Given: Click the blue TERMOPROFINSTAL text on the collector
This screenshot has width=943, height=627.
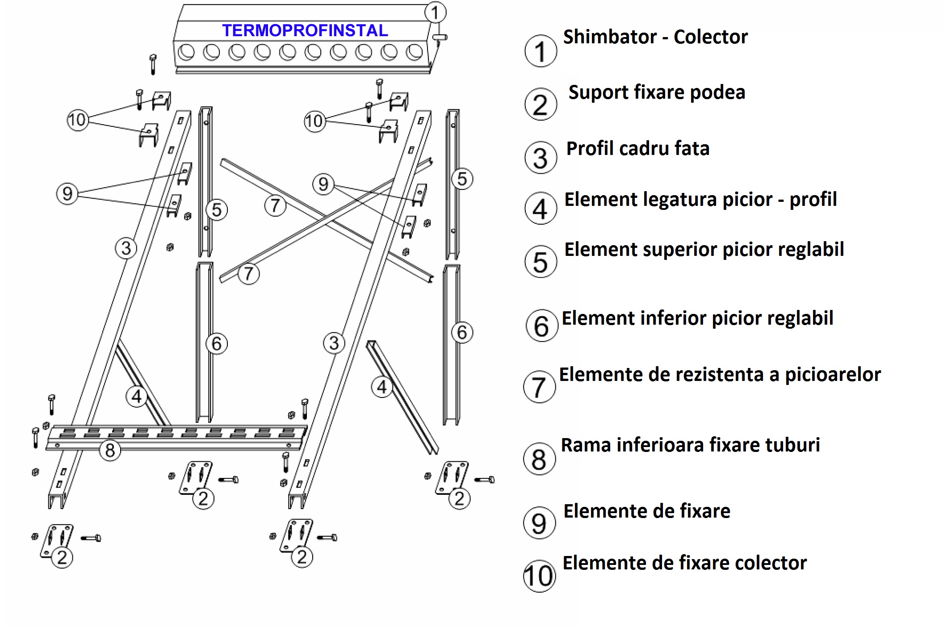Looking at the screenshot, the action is pyautogui.click(x=305, y=30).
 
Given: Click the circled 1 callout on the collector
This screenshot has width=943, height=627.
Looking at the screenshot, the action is pyautogui.click(x=435, y=12).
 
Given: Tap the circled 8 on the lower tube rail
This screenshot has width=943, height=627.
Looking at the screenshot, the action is pyautogui.click(x=110, y=450).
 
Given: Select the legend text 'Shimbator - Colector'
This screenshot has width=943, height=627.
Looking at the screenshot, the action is pyautogui.click(x=655, y=37).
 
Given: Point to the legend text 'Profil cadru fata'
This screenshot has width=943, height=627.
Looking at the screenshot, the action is pyautogui.click(x=638, y=148).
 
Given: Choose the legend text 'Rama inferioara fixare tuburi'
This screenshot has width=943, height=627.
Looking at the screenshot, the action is pyautogui.click(x=690, y=445).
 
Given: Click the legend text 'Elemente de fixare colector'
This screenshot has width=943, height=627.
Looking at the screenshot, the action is pyautogui.click(x=684, y=563).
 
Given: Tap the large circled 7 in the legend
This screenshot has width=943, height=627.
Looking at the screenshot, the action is pyautogui.click(x=540, y=387).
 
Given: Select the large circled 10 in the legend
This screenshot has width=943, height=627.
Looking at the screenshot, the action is pyautogui.click(x=540, y=576).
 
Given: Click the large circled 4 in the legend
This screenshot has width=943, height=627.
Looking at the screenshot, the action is pyautogui.click(x=541, y=208).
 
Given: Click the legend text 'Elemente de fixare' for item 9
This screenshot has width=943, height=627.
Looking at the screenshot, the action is pyautogui.click(x=647, y=511).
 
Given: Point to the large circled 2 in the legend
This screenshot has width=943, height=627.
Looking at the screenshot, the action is pyautogui.click(x=541, y=104).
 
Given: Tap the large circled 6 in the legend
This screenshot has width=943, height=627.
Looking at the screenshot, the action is pyautogui.click(x=542, y=326).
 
